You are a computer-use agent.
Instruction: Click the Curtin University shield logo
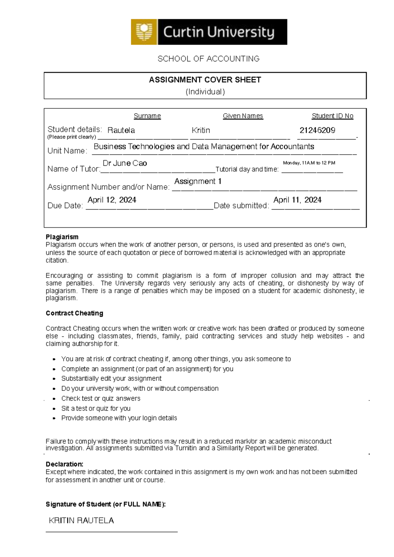click(144, 32)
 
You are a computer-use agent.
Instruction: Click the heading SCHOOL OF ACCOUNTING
click(208, 59)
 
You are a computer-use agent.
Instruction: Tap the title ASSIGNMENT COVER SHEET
click(205, 80)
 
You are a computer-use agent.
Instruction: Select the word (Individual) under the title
click(205, 92)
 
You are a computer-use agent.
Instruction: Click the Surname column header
click(147, 116)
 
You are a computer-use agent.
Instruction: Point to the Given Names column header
click(243, 116)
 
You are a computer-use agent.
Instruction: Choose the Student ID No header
click(332, 116)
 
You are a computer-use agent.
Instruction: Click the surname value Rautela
click(121, 130)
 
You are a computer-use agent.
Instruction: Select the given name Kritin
click(201, 130)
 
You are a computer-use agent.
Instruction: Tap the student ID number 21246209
click(317, 130)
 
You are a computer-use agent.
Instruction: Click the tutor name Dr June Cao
click(125, 163)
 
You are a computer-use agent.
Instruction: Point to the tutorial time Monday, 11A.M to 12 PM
click(309, 163)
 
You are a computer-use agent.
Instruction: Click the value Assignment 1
click(198, 181)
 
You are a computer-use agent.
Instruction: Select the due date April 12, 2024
click(112, 200)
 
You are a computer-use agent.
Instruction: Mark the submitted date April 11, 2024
click(297, 200)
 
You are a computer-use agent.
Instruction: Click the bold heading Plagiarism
click(62, 237)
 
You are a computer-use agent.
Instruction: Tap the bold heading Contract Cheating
click(75, 313)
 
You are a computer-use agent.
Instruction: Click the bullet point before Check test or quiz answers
click(55, 399)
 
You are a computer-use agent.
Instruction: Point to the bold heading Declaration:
click(64, 464)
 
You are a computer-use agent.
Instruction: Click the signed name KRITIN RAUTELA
click(81, 521)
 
